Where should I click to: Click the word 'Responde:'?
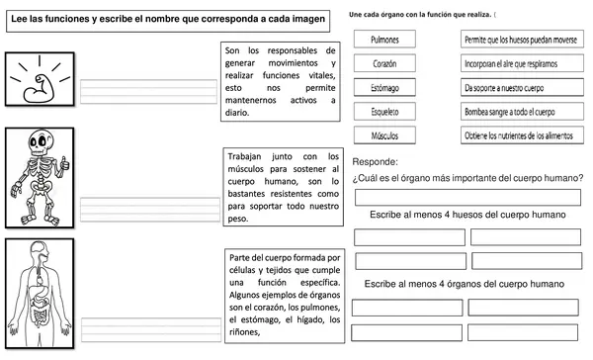(x=376, y=161)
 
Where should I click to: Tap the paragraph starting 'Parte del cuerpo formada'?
(x=285, y=294)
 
